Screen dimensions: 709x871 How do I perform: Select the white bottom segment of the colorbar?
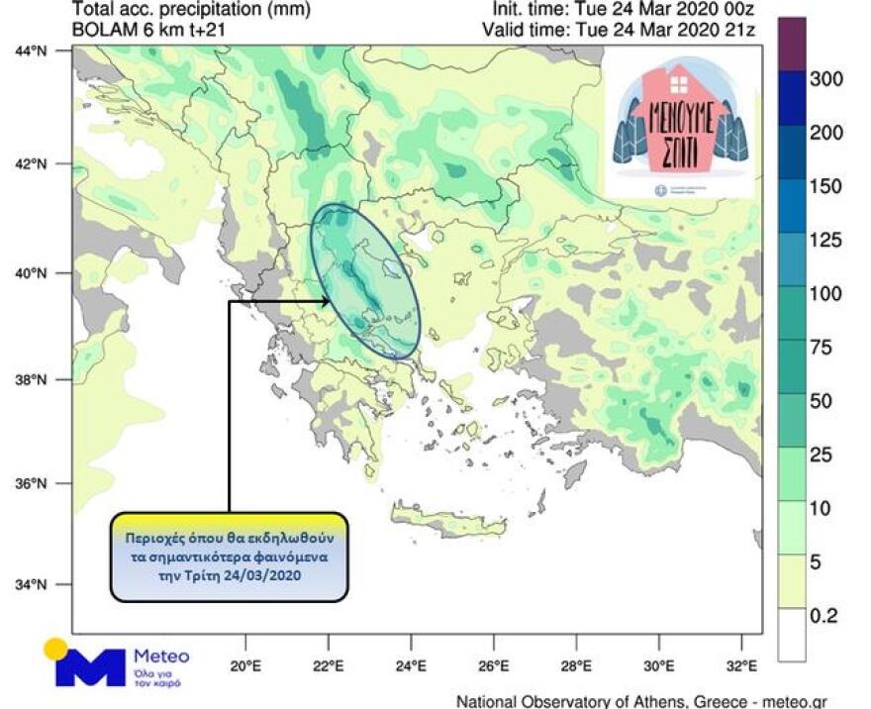pyautogui.click(x=792, y=634)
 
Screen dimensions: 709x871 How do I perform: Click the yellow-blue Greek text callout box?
pyautogui.click(x=229, y=557)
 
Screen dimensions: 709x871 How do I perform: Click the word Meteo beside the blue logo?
pyautogui.click(x=160, y=657)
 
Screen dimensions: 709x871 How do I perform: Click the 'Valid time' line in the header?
pyautogui.click(x=618, y=30)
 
